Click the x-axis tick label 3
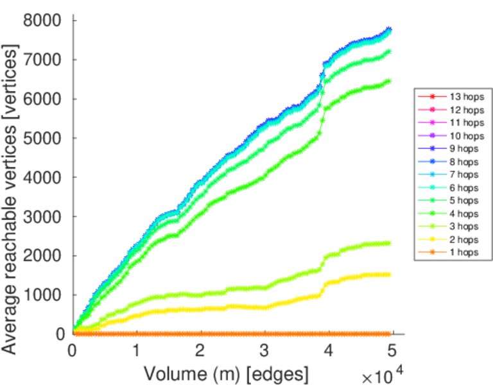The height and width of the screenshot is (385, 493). pyautogui.click(x=264, y=350)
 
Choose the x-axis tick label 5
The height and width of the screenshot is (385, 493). pyautogui.click(x=392, y=350)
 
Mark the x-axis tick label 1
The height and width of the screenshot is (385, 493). pyautogui.click(x=137, y=350)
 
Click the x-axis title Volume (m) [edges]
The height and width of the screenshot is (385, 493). pyautogui.click(x=226, y=373)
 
